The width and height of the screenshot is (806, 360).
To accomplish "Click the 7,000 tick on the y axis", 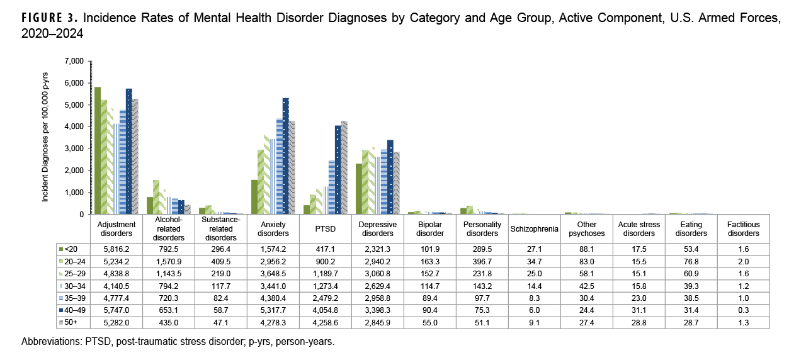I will (74, 61).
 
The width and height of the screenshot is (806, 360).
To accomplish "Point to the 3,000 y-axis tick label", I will (74, 149).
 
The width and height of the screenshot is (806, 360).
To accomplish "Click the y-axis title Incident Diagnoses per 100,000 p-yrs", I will (46, 137).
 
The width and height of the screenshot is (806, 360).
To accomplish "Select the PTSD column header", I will (326, 228).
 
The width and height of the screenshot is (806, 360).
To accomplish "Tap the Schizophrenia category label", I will (535, 228).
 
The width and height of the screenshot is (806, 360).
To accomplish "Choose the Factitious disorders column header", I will (743, 228).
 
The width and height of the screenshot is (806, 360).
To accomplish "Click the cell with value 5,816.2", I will (117, 249).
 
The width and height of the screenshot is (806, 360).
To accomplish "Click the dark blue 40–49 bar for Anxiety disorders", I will (286, 156).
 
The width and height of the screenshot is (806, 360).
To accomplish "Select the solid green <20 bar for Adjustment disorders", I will (98, 151).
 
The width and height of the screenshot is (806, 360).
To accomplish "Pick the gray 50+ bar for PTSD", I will (344, 167).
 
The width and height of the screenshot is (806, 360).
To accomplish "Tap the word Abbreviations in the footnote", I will (48, 342).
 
